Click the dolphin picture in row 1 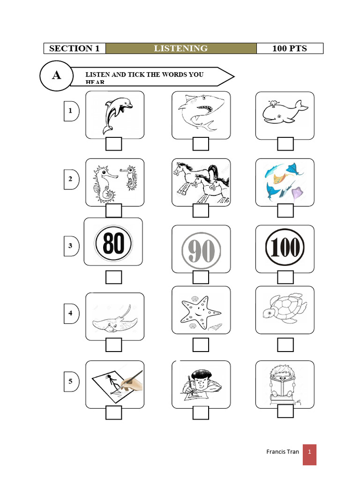[x=115, y=115]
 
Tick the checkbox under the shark [x=201, y=144]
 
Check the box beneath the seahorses [x=113, y=211]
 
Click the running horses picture [x=201, y=182]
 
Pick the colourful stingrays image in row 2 [x=285, y=182]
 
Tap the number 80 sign [x=113, y=243]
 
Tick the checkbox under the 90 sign [x=201, y=277]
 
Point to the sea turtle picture [x=285, y=309]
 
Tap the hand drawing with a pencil [x=115, y=383]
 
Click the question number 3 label [x=71, y=246]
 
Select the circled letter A [x=56, y=75]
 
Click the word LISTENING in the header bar [x=181, y=48]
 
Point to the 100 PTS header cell [x=290, y=48]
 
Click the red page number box [x=309, y=454]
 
